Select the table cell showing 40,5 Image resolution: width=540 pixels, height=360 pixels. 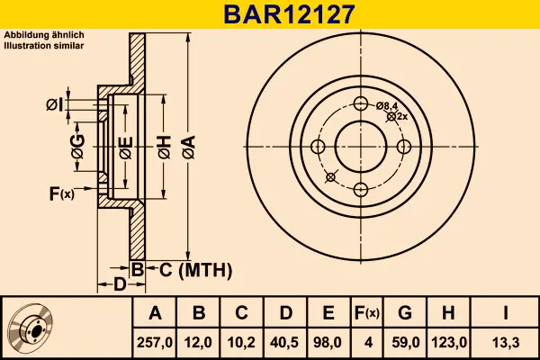click(285, 342)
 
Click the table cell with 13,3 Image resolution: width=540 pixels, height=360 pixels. click(505, 342)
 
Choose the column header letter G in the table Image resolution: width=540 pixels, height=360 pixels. click(406, 313)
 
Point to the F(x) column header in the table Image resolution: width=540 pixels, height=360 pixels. click(367, 313)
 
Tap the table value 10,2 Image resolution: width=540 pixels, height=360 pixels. click(242, 342)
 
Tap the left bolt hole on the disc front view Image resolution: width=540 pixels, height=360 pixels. click(318, 146)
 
